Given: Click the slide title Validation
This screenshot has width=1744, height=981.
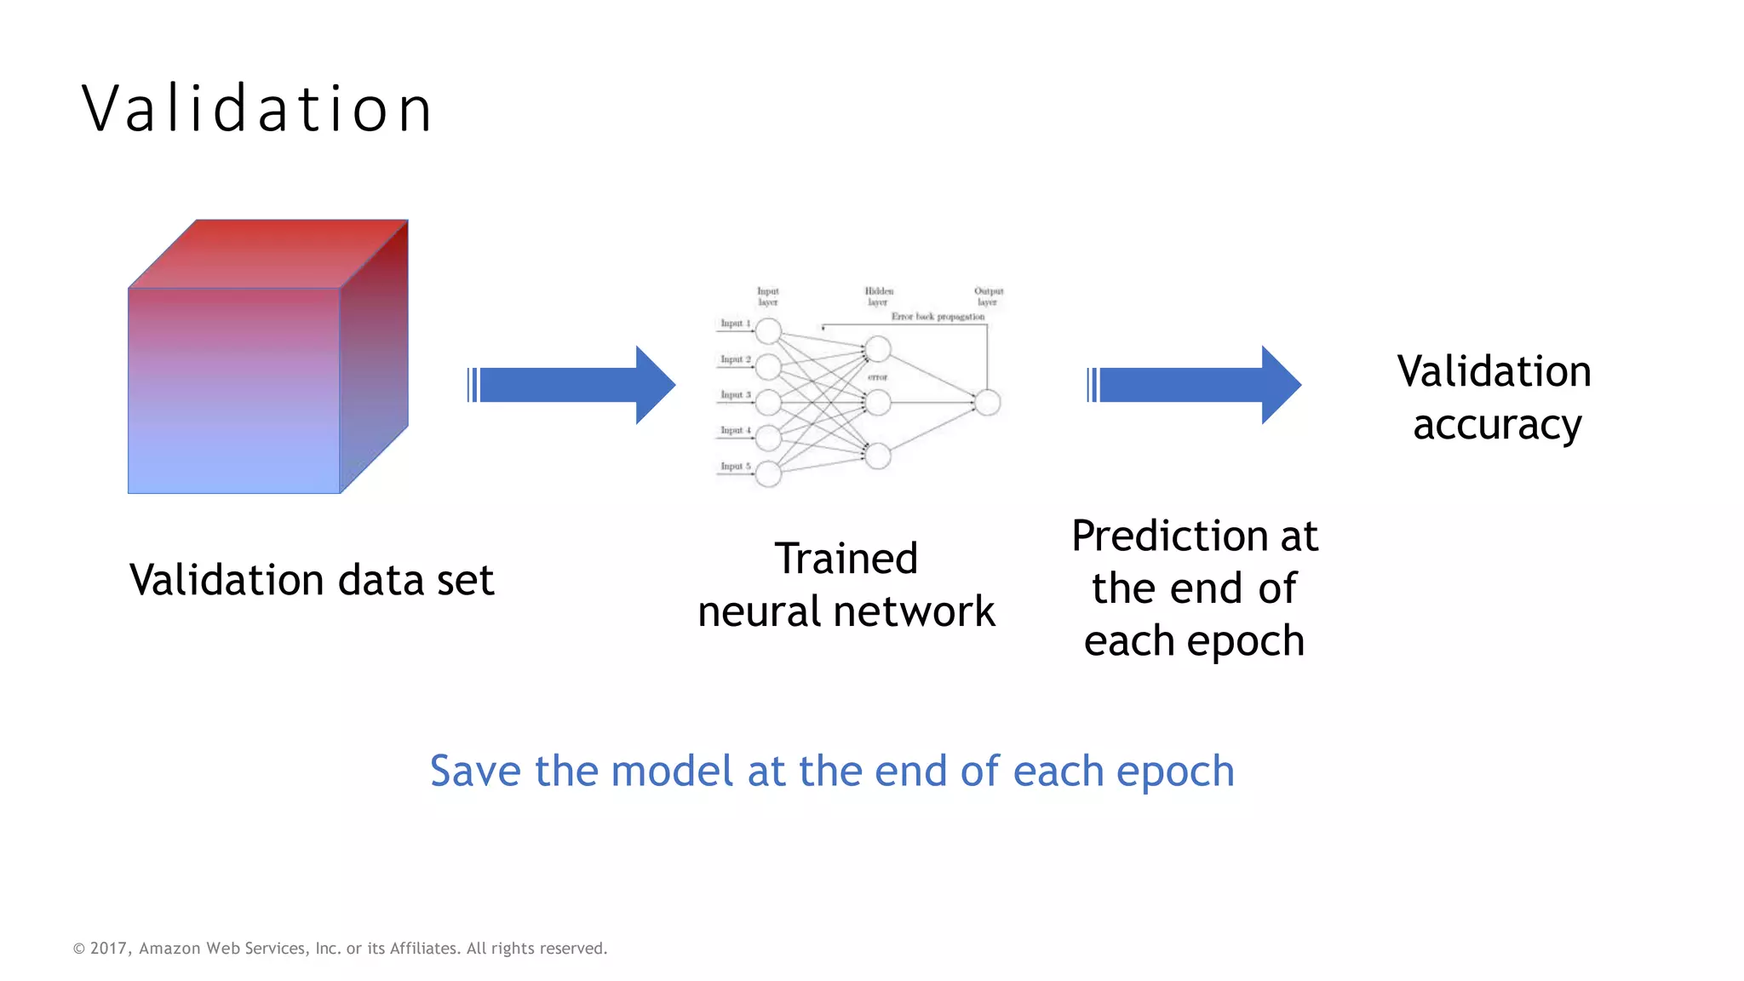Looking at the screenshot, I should [257, 109].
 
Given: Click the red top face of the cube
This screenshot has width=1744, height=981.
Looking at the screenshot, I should [268, 253].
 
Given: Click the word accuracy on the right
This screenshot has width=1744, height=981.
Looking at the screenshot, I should [1496, 425].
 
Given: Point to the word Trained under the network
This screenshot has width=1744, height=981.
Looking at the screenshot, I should [846, 559].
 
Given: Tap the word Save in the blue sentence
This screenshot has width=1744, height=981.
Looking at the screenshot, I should [474, 772].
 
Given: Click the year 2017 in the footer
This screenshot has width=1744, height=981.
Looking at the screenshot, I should [108, 949].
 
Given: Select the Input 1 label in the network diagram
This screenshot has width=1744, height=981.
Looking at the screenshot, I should [735, 324].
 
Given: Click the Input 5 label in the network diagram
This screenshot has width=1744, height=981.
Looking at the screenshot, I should [735, 467].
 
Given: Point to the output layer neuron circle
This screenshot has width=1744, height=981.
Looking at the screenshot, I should [987, 402].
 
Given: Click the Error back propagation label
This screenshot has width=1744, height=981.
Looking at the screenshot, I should [938, 317].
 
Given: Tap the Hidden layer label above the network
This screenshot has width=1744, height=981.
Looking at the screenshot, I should [879, 296].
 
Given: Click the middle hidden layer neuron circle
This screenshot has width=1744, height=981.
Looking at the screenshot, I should [878, 402].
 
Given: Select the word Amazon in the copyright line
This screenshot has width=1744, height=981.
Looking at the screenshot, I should [169, 949].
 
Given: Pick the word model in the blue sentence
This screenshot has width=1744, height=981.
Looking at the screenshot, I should [672, 772].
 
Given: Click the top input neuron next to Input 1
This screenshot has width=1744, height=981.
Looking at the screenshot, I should [768, 330].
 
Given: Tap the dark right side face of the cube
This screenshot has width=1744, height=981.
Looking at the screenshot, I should [375, 358].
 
